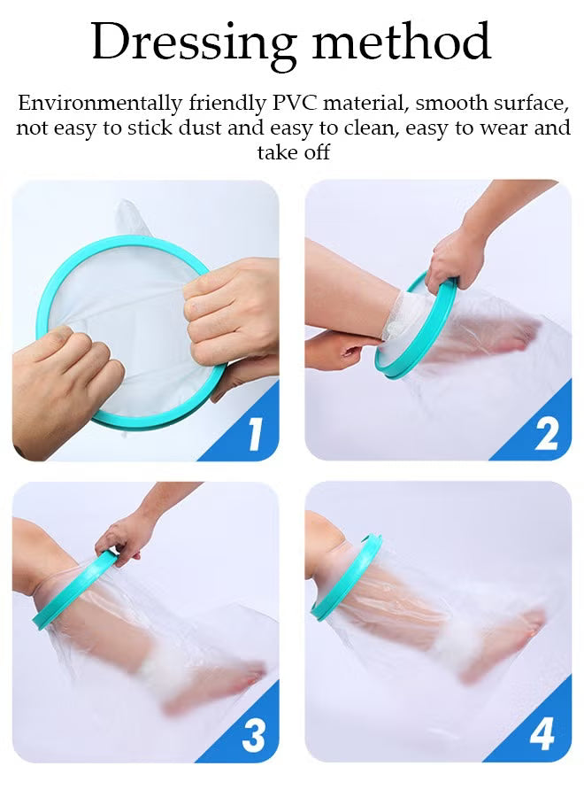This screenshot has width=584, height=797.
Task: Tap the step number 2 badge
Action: pos(546,435)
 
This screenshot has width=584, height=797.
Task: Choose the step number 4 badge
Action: pos(542,736)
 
